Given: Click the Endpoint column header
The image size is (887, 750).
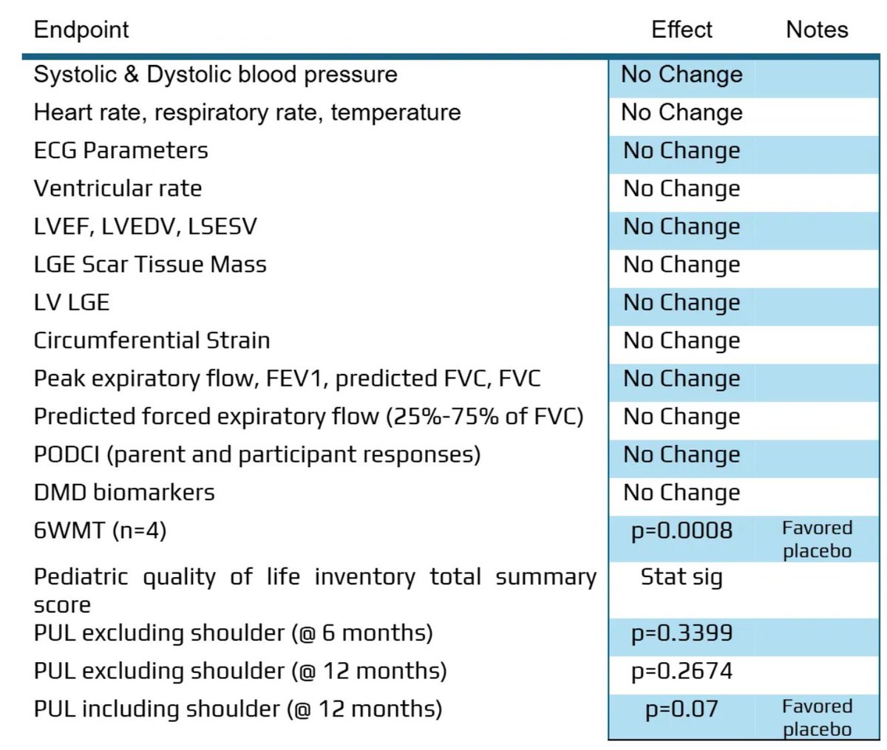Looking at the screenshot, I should coord(81,30).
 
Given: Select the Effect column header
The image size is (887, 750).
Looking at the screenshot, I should coord(682,30).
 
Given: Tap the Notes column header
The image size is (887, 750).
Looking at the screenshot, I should coord(817,30).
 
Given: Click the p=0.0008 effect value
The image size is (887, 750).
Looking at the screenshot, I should coord(682,531).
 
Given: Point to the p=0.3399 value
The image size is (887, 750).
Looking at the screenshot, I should coord(682,633).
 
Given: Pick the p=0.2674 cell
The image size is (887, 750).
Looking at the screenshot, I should coord(682,671).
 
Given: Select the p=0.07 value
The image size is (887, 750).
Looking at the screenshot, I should coord(682,709).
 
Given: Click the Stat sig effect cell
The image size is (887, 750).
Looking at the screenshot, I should coord(682,577).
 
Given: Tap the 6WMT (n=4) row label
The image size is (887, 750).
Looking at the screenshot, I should coord(100,530).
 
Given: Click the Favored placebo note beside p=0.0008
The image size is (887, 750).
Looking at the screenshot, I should coord(817,539).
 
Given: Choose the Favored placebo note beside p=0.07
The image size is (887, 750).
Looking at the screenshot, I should coord(817,717).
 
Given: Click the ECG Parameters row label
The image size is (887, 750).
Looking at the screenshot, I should coord(120,150).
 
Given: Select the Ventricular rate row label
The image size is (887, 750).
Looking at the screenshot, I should coord(118,188).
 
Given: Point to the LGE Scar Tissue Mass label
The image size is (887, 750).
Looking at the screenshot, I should coord(150,265).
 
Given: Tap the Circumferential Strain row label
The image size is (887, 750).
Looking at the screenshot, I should coord(152,341).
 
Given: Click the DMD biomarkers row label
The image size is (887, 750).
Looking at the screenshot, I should coord(124,492).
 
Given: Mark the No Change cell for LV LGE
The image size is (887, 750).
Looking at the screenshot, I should coord(682,302).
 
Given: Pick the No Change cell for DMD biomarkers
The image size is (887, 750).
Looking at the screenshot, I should coord(682,492).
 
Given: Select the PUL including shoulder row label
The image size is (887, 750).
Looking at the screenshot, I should coord(237,709).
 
